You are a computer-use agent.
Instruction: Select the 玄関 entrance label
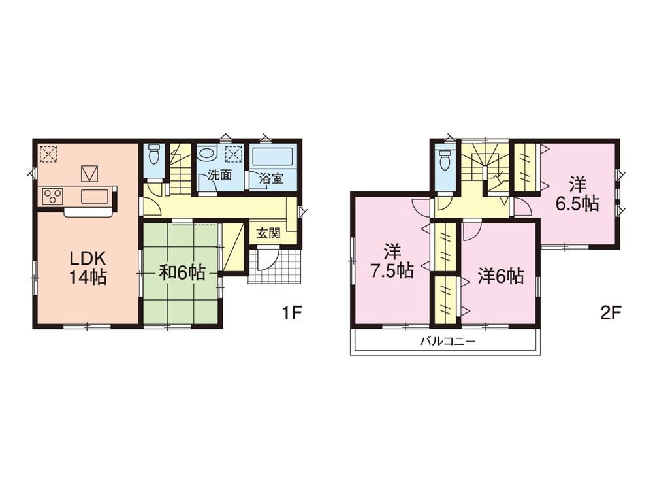(269, 233)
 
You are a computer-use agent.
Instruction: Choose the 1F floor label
(291, 312)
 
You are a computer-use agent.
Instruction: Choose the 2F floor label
(610, 312)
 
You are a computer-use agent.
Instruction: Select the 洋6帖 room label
(500, 276)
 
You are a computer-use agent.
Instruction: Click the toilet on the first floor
(154, 155)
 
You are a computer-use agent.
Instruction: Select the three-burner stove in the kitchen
(52, 195)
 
